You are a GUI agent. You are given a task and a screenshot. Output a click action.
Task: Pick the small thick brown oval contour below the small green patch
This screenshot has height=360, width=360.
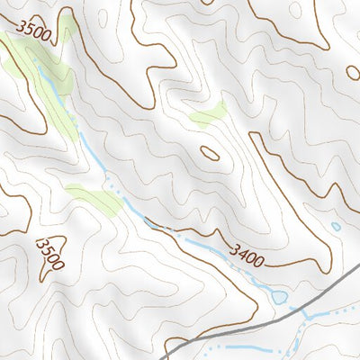pos(210,153)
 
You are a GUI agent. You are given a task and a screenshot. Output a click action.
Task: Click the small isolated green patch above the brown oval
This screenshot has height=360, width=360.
pos(209,114)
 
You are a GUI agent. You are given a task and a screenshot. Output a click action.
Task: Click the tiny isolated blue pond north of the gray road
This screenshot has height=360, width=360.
pos(336,227)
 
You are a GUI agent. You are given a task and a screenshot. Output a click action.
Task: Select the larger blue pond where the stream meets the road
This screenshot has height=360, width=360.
pos(279,295)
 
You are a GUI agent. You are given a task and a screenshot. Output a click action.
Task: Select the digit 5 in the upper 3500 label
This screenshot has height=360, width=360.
pos(29,32)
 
